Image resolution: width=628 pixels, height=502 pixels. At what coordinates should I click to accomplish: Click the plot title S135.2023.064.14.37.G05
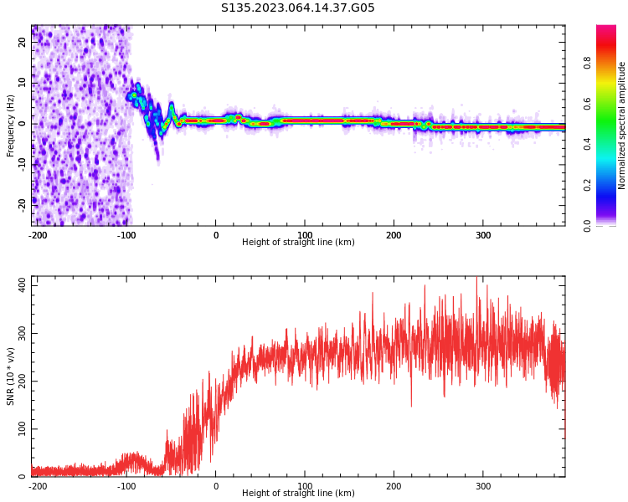click(298, 8)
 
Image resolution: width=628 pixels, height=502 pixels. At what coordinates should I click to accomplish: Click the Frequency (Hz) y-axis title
click(11, 125)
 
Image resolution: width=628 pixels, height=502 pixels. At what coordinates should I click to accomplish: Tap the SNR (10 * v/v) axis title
click(11, 376)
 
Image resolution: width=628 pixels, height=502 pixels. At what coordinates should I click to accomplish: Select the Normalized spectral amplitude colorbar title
click(622, 125)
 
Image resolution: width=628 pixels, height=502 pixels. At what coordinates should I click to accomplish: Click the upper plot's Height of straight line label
click(298, 243)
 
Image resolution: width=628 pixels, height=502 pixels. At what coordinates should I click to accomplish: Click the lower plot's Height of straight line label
click(298, 494)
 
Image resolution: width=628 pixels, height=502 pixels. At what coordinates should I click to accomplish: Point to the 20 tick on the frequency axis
click(23, 43)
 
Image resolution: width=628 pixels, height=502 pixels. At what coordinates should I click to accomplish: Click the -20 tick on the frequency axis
click(23, 204)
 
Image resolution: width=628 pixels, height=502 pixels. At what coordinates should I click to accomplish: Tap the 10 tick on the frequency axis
click(23, 84)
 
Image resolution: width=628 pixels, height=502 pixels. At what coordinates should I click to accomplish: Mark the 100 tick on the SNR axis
click(19, 429)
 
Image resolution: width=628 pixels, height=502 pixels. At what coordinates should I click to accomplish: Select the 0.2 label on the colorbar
click(587, 185)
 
